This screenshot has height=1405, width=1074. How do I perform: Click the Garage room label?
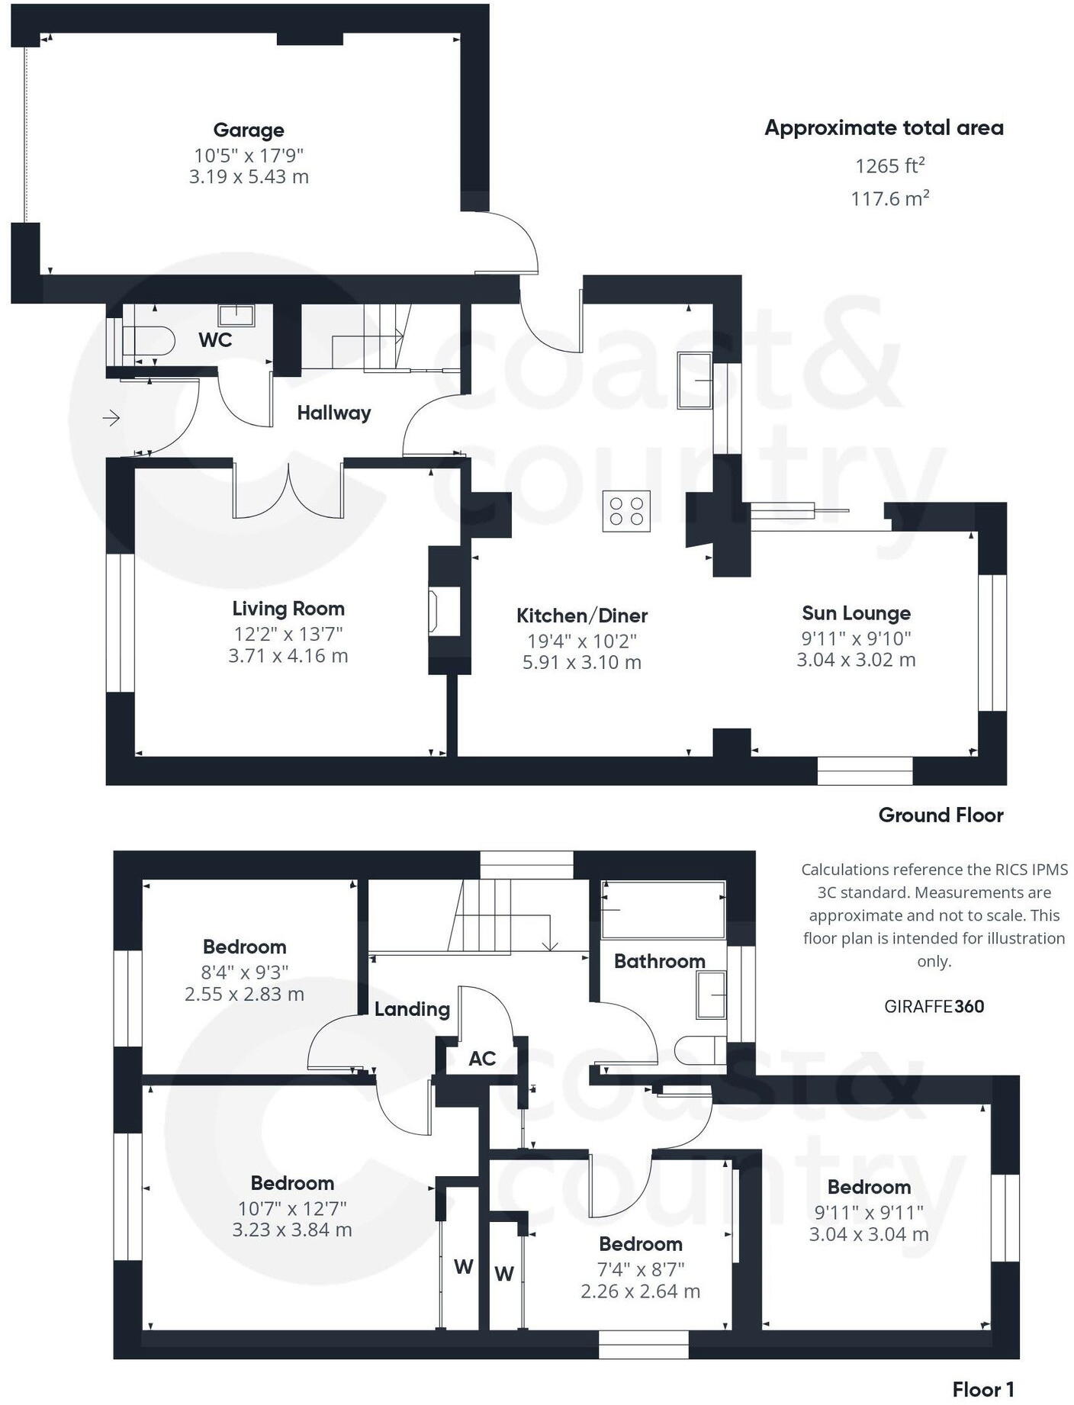click(249, 130)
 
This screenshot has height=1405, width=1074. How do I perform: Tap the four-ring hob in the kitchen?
click(626, 510)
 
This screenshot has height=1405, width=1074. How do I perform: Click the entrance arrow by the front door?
click(111, 418)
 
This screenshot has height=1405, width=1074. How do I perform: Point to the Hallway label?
click(334, 413)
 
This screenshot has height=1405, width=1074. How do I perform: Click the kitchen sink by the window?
click(694, 381)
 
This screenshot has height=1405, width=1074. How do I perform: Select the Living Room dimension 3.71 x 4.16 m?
click(288, 656)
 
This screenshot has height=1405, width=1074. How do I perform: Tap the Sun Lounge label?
click(856, 613)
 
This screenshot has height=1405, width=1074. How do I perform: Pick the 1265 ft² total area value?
click(890, 166)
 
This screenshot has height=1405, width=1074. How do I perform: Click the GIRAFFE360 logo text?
click(934, 1007)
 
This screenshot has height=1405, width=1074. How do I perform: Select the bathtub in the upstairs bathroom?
click(663, 909)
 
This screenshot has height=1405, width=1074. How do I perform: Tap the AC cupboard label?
click(482, 1059)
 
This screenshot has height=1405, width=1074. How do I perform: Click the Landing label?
click(412, 1010)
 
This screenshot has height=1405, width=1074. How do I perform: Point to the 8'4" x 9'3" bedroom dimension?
click(245, 973)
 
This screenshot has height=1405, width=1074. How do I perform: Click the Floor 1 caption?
click(983, 1390)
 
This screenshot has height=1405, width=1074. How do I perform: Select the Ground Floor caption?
click(941, 815)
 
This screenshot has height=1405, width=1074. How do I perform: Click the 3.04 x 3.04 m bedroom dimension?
click(869, 1234)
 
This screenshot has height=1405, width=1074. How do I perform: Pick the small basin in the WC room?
click(236, 314)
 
